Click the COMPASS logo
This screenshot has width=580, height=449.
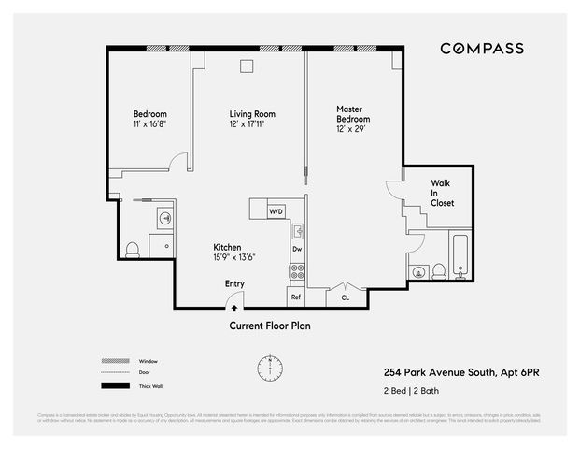click(x=481, y=49)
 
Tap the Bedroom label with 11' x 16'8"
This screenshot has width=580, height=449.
click(x=149, y=119)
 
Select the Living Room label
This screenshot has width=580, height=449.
click(x=252, y=119)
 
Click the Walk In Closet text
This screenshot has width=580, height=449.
click(x=442, y=193)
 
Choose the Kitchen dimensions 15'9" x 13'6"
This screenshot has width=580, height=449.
click(x=233, y=257)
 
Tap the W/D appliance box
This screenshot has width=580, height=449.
click(x=276, y=212)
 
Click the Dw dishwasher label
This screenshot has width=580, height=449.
click(x=297, y=250)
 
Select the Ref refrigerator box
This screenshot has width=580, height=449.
click(x=296, y=297)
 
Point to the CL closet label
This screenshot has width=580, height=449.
click(x=345, y=297)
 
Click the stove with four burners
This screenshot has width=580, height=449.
click(x=297, y=272)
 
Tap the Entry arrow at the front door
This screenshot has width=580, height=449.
click(x=233, y=305)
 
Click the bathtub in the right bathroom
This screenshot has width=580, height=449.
click(x=460, y=256)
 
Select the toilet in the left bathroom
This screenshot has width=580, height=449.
click(x=133, y=250)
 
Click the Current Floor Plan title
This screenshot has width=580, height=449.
click(x=270, y=326)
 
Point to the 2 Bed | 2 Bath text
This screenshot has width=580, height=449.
click(x=413, y=390)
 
